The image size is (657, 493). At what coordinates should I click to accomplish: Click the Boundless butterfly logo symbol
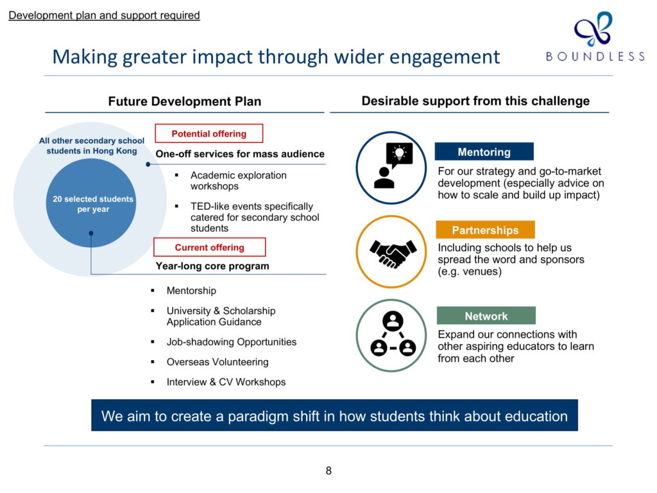click(593, 28)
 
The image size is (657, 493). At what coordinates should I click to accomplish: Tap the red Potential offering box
click(209, 134)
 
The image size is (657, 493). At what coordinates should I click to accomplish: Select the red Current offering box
click(210, 247)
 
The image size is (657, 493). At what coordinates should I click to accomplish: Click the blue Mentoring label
click(484, 151)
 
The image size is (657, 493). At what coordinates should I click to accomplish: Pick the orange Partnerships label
click(485, 230)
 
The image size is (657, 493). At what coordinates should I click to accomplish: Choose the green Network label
click(486, 316)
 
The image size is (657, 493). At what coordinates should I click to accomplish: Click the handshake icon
click(393, 253)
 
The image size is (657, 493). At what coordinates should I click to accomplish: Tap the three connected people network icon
click(393, 334)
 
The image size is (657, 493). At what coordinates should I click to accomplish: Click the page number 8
click(328, 471)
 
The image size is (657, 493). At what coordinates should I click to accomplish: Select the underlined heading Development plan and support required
click(104, 15)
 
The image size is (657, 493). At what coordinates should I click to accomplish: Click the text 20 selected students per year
click(93, 204)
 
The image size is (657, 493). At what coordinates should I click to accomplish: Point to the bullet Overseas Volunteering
click(218, 362)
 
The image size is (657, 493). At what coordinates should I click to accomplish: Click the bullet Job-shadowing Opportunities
click(231, 342)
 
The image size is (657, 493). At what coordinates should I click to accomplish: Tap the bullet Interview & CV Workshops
click(226, 382)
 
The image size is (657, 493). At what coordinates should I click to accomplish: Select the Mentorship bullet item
click(191, 291)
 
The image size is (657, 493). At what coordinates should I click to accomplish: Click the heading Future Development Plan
click(185, 101)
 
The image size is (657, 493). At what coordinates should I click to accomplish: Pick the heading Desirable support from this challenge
click(475, 101)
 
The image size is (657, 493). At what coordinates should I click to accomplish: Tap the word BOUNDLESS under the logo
click(595, 56)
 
